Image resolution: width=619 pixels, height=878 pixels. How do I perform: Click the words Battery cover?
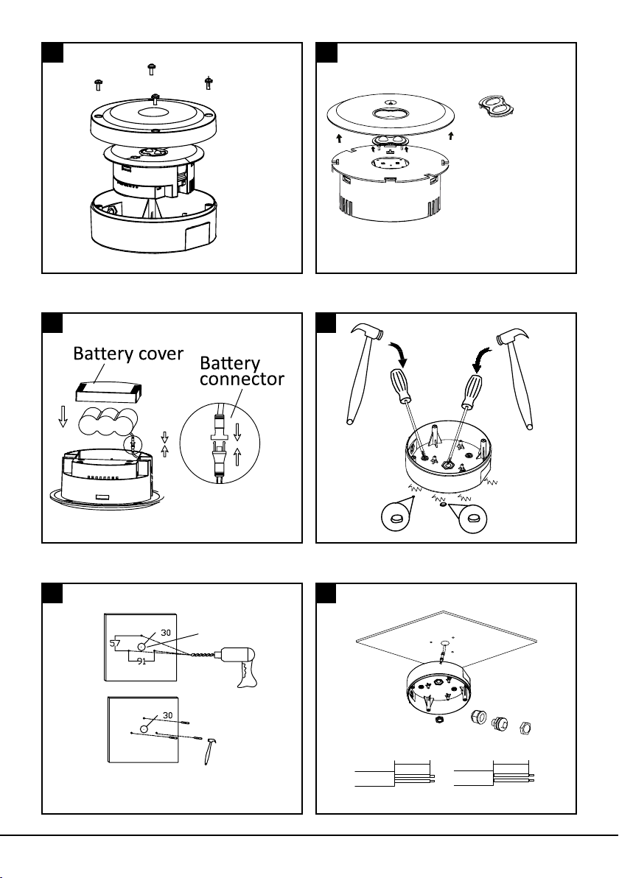point(128,354)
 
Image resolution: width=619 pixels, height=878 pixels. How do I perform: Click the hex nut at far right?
point(526,726)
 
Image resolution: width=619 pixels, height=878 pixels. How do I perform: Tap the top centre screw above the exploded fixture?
point(151,69)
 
